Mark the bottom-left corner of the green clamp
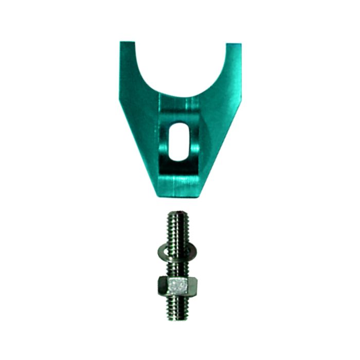[155, 194]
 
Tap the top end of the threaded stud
[178, 212]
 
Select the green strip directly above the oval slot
[179, 108]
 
